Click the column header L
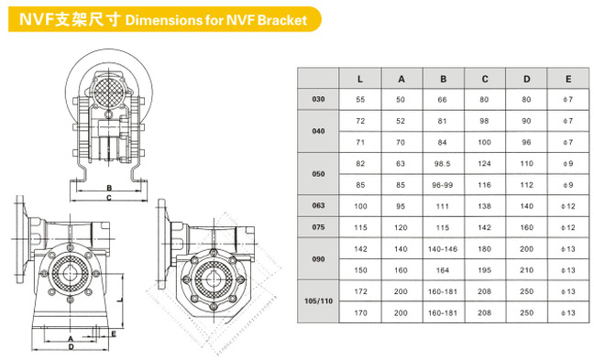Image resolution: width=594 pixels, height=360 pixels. pos(360,79)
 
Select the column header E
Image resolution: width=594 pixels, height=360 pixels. pos(568,79)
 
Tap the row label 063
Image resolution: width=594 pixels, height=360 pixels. pos(318,205)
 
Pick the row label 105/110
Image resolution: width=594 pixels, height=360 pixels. pos(318,301)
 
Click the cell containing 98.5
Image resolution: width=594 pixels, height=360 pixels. pos(443,164)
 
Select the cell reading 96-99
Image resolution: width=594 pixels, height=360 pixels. pos(443,185)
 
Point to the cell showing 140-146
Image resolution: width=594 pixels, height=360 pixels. pos(443,249)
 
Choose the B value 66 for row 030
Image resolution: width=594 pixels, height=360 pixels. pos(443,100)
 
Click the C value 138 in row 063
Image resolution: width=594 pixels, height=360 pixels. pos(485,206)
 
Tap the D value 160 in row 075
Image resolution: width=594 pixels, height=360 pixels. pos(526,227)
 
